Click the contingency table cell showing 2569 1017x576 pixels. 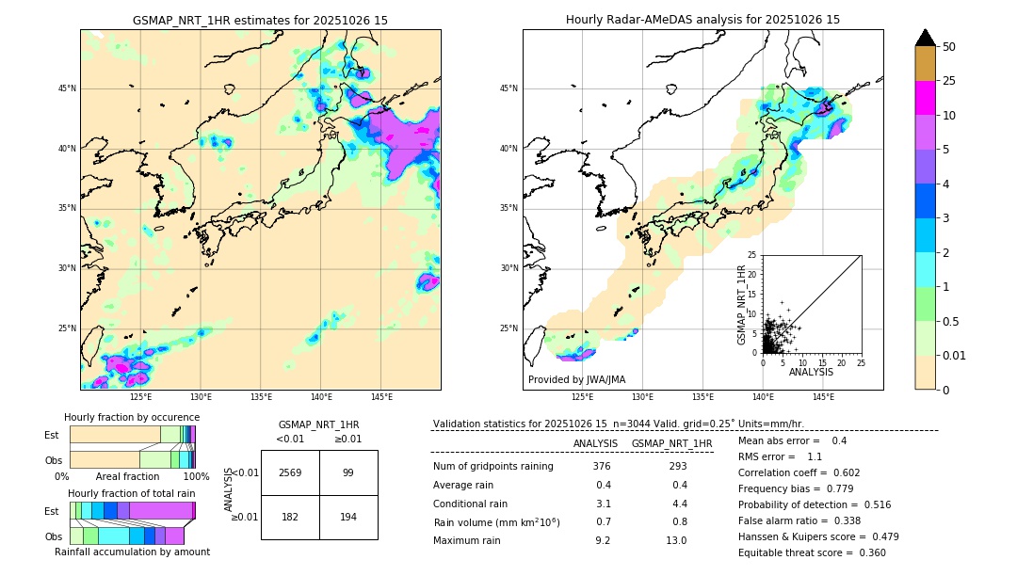290,472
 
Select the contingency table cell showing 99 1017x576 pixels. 348,472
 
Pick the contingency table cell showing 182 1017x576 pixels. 290,516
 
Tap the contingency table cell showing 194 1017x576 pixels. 348,516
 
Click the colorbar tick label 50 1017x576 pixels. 949,47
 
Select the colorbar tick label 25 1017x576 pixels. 949,81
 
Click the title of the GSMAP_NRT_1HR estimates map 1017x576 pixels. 260,20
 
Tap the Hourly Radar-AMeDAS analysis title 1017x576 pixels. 702,20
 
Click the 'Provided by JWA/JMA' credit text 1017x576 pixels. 576,379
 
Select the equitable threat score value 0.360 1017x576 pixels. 867,552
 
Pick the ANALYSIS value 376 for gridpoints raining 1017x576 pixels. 603,467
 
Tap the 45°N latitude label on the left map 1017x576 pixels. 67,88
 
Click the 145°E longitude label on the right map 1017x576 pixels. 823,397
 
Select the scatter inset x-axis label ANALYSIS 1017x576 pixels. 811,372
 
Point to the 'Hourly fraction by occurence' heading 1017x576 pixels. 132,417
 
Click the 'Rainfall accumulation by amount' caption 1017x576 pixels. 132,552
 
